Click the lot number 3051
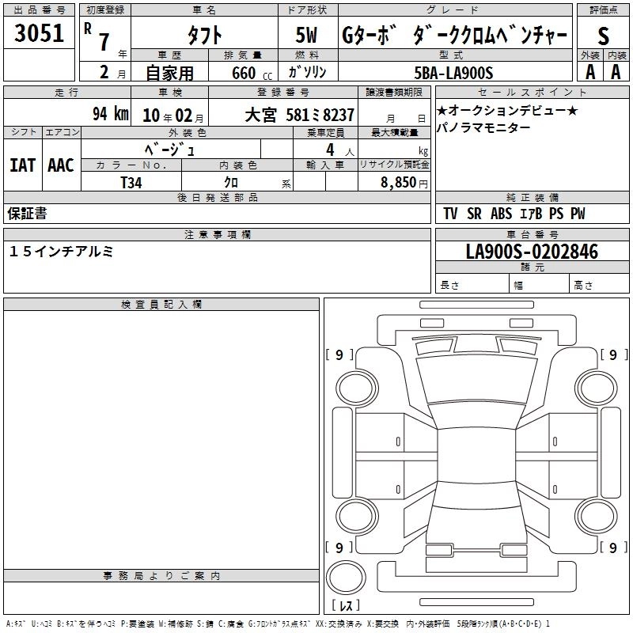click(39, 33)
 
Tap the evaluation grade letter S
click(603, 36)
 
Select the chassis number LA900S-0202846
click(532, 252)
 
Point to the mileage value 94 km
click(111, 114)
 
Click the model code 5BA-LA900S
click(453, 73)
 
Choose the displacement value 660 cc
click(252, 74)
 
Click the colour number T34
click(131, 183)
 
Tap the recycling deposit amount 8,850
click(399, 182)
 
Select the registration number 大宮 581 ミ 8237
click(300, 116)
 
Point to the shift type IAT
click(23, 165)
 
